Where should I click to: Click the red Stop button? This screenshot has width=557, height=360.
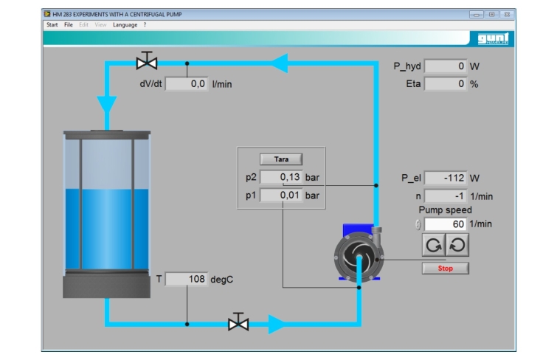click(445, 269)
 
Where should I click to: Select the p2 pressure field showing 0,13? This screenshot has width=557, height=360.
click(281, 177)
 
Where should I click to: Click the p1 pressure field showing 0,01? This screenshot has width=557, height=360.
click(281, 195)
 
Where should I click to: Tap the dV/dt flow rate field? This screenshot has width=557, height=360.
click(187, 84)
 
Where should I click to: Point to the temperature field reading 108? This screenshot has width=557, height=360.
click(187, 279)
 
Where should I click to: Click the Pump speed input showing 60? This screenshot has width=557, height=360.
click(446, 224)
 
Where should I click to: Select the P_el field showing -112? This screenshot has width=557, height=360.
click(446, 178)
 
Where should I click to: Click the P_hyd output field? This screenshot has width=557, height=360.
click(446, 66)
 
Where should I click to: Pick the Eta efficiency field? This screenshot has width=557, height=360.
click(446, 84)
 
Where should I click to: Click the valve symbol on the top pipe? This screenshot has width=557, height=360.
click(147, 60)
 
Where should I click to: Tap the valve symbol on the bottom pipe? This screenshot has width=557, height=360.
click(238, 322)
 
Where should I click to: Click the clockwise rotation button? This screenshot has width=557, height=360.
click(433, 245)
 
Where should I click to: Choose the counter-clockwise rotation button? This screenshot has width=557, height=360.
click(457, 245)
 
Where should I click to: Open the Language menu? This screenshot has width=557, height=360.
click(125, 25)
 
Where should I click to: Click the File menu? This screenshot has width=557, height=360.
click(68, 25)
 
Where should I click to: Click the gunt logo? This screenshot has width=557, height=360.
click(493, 38)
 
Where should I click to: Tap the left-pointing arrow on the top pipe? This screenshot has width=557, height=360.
click(279, 63)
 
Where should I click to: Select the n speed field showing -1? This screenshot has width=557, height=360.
click(446, 195)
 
